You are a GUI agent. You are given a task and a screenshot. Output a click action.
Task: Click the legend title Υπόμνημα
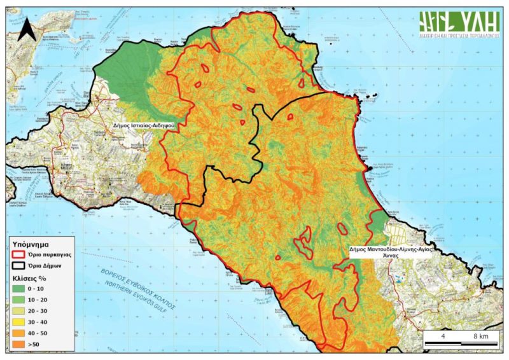click(32, 243)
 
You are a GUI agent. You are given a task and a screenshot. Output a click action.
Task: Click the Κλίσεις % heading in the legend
click(30, 278)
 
